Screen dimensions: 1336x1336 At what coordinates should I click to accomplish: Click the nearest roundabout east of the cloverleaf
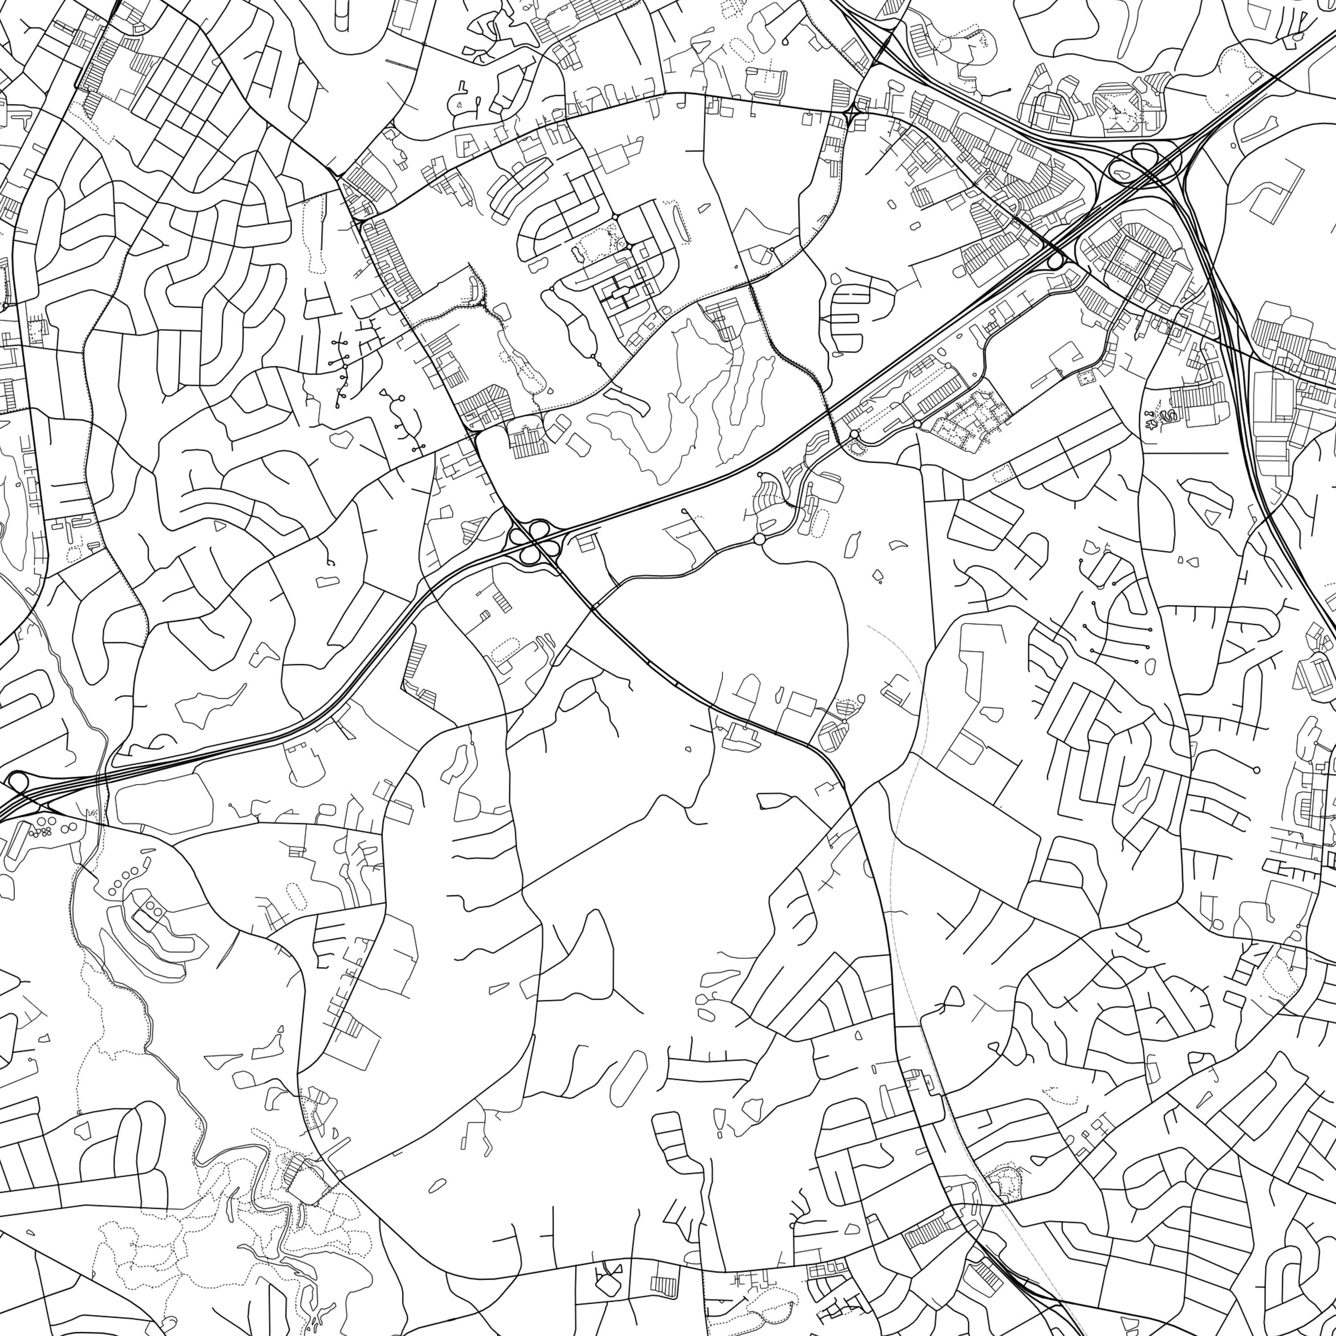pos(759,539)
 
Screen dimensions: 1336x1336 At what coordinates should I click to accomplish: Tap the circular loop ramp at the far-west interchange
pos(17,782)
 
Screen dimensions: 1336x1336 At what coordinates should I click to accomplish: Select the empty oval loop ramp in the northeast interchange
pos(1144,154)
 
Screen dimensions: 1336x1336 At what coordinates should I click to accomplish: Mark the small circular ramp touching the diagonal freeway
pos(1055,261)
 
